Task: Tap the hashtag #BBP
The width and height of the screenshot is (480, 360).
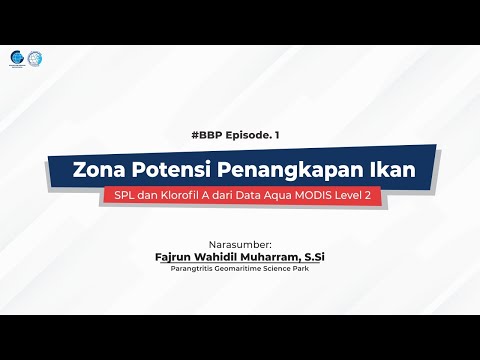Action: click(x=176, y=133)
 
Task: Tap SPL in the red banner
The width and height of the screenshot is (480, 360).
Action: click(x=130, y=196)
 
